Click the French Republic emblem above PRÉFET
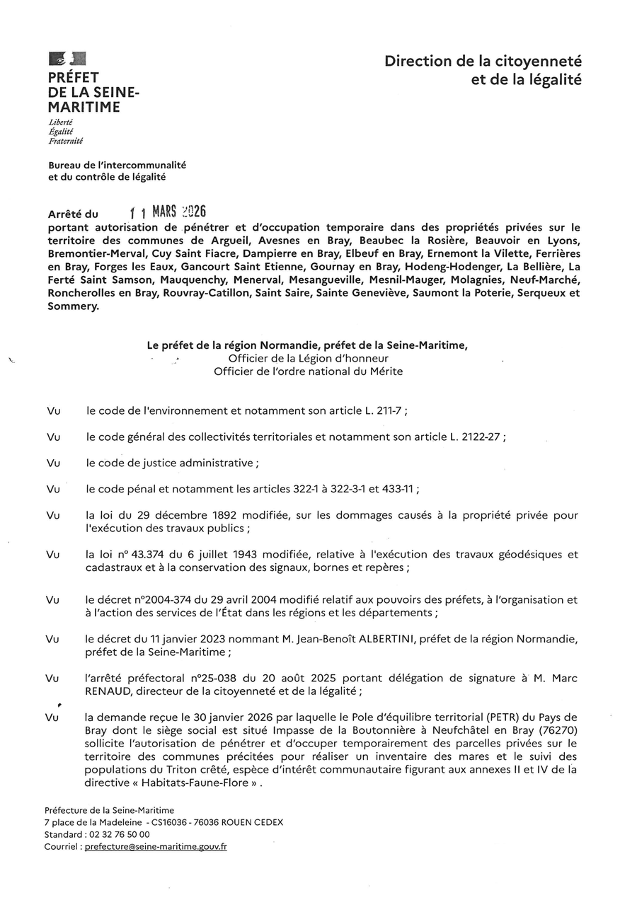[x=67, y=59]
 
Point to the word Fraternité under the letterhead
[x=65, y=141]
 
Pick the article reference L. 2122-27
[x=476, y=437]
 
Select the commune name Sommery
[x=73, y=306]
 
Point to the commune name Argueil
[x=256, y=240]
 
